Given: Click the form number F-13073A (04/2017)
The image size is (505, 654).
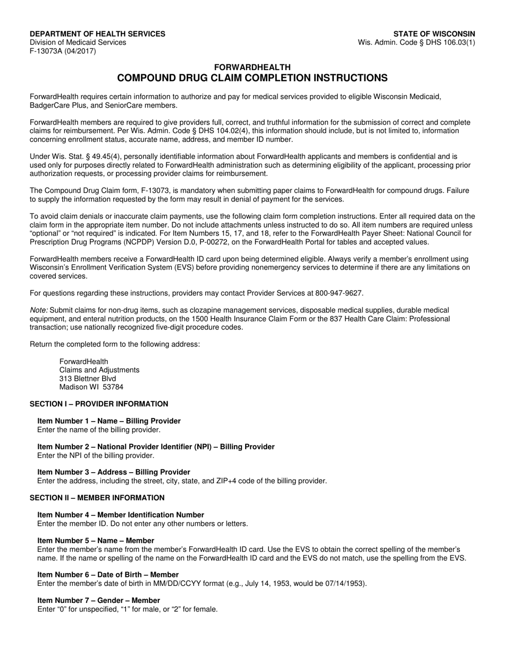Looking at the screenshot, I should coord(63,51).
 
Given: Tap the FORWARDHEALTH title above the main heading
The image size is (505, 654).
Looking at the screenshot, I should coord(252,68).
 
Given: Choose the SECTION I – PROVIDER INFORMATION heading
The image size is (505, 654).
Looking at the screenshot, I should coord(99,404).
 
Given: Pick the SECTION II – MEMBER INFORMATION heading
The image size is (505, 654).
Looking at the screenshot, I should coord(97,498).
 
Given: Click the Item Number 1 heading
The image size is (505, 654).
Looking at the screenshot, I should coord(109,421).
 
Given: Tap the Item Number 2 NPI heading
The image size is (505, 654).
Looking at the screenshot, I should coord(156,447).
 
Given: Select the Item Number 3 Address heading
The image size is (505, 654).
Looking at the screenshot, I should coord(114,472).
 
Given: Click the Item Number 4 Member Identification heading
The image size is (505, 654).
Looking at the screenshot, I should coord(121,515).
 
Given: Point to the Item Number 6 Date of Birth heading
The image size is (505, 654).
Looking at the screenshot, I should coord(108,575).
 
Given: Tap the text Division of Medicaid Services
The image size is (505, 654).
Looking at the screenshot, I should coord(78,43).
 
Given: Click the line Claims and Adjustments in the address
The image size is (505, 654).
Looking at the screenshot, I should coord(99,370).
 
